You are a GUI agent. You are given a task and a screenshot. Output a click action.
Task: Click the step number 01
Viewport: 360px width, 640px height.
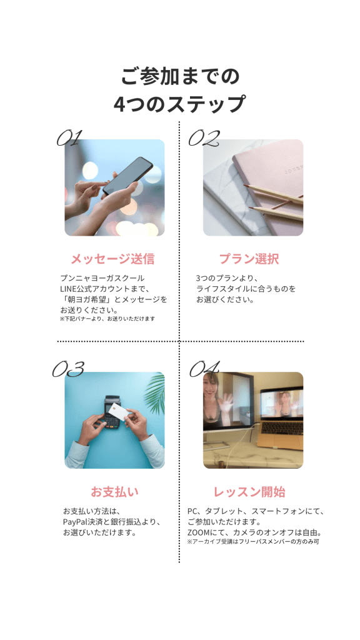tap(69, 138)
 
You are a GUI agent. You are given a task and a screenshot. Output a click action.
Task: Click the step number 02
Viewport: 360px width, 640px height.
tap(204, 138)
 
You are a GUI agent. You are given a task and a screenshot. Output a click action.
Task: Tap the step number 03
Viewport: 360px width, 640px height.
tap(67, 369)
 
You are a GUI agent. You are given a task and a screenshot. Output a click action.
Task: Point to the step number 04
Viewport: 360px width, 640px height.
tap(204, 369)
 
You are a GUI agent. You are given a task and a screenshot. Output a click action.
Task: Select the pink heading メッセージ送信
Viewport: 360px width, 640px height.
tap(112, 259)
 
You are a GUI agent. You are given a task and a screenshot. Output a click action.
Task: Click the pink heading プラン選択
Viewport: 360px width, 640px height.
tap(249, 259)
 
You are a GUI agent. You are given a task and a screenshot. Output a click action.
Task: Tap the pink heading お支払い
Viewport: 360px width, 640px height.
tap(115, 491)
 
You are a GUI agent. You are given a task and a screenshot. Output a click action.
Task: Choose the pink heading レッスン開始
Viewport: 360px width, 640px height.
tap(249, 491)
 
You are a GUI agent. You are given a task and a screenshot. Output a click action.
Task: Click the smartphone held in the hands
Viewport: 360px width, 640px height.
tap(127, 176)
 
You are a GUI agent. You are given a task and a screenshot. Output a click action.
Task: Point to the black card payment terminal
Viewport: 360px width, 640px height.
tap(112, 411)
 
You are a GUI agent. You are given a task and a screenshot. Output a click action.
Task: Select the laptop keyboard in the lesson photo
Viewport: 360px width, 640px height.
tap(282, 429)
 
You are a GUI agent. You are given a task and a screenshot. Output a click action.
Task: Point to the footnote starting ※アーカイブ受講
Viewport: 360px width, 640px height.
tap(253, 542)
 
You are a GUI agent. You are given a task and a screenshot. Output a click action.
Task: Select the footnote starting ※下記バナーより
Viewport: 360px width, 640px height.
tap(107, 318)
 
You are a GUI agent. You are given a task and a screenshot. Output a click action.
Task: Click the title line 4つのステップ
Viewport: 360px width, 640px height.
tap(179, 104)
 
